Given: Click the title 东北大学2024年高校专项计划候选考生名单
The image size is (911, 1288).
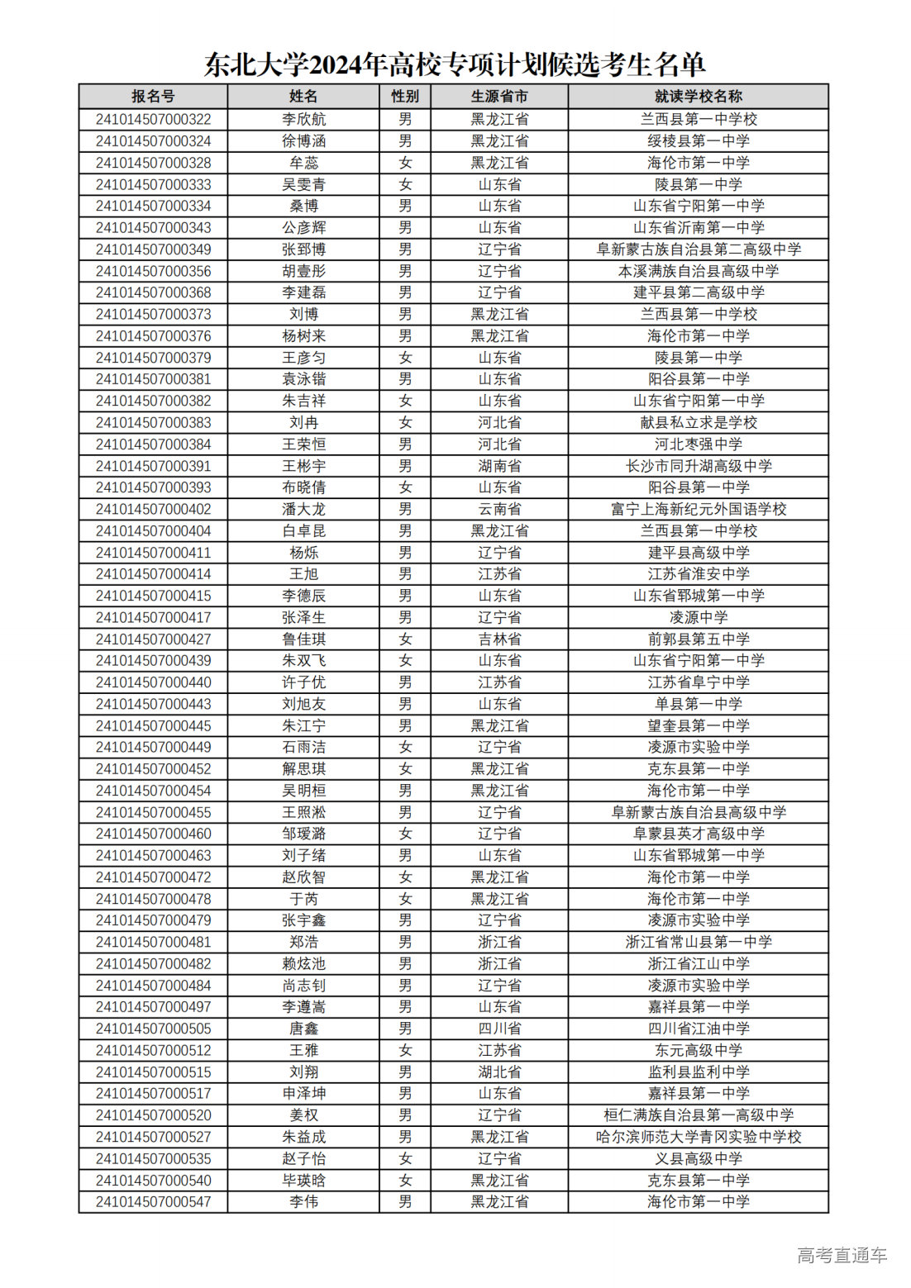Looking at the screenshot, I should coord(455,64).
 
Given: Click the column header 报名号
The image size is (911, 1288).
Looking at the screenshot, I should coord(153,97).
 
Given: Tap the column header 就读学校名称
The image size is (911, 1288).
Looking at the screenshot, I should coord(698,97).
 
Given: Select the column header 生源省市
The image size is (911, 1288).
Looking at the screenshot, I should coord(499,97).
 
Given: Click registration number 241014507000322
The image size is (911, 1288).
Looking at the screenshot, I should coord(153,119).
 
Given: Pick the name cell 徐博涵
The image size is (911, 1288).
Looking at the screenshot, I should coord(303,141).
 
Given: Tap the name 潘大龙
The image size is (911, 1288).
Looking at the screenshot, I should coord(303,509).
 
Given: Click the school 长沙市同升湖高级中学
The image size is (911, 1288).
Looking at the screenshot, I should coord(698,466).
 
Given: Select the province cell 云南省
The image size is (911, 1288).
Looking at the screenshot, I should coord(499,509).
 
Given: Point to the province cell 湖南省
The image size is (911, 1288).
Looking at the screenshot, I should coord(499,466).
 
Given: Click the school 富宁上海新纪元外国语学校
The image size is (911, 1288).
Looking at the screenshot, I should coord(698,509).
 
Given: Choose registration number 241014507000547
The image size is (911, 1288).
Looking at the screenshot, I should coord(153,1201).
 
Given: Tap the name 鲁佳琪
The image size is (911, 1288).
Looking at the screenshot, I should coord(303,639).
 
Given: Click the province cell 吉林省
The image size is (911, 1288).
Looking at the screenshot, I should coord(499,639).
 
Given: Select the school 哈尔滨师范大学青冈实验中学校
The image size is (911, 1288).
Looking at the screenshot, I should coord(698,1137).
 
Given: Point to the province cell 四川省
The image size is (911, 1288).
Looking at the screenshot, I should coord(499,1029).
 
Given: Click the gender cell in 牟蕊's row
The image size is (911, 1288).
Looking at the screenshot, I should coord(405,163).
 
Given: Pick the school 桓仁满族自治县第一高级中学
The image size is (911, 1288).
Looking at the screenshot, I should coord(698,1115).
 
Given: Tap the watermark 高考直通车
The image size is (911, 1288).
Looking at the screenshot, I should coord(842,1255).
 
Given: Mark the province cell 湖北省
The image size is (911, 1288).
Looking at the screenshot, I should coord(499,1072).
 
